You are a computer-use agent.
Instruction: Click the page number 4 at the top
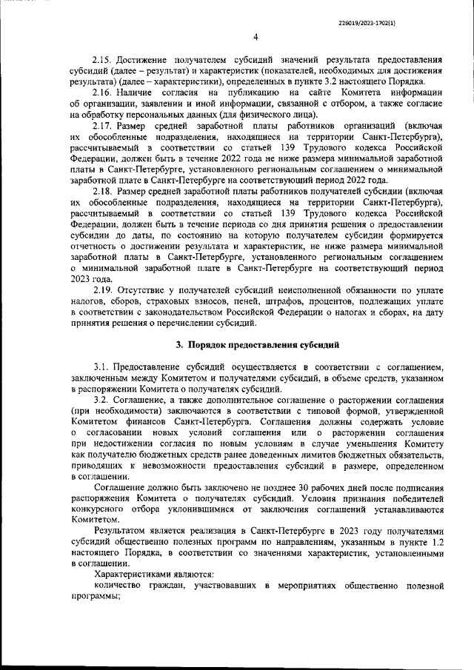[x=255, y=36]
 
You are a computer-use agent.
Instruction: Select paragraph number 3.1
[x=103, y=366]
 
